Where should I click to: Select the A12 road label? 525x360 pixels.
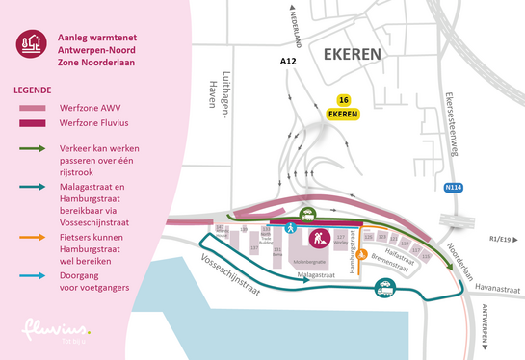click(x=287, y=62)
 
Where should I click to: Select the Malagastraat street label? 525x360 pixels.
click(x=315, y=274)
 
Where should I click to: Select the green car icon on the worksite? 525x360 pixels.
click(x=307, y=215)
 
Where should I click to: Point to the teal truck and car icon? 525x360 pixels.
click(x=384, y=285)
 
